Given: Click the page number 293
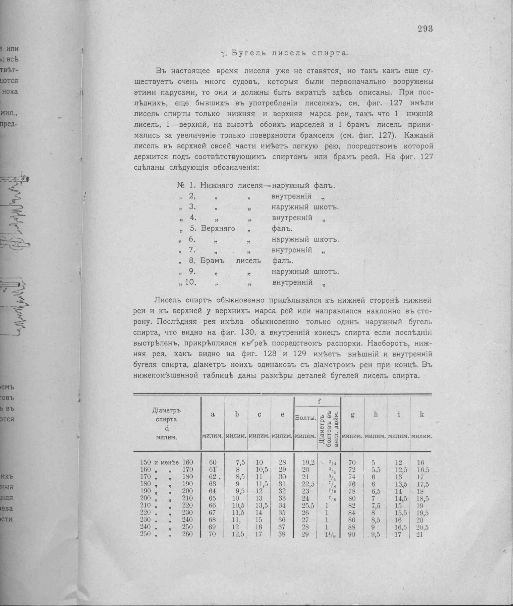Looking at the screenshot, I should coord(425,29).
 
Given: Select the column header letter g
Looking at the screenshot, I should coord(352,415).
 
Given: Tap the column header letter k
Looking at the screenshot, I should coord(421,414).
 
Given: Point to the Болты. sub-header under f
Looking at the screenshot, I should coord(305,418).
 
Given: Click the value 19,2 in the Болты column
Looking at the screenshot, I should coord(308,463).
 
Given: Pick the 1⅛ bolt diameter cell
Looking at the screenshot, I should coord(329,534).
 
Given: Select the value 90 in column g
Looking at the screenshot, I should coord(351,534).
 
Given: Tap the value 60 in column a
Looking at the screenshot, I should coord(213,463).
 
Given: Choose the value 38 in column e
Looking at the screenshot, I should coord(282,534).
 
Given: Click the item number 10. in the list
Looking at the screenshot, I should coord(190,282).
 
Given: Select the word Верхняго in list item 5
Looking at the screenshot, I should coord(218,229).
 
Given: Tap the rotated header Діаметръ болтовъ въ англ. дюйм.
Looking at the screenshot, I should coord(329,429).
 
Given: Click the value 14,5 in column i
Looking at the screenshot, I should coord(398,499).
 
